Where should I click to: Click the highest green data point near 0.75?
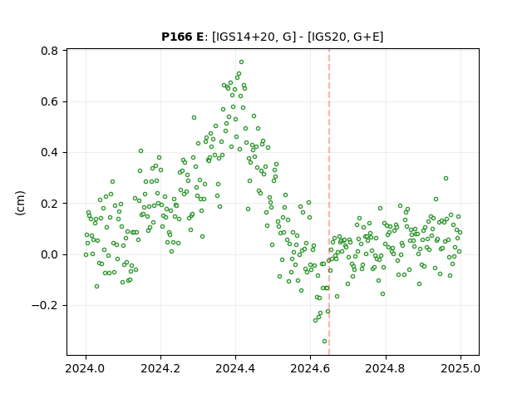coord(241,62)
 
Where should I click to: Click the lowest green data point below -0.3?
coord(325,342)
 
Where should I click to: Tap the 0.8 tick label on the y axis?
coord(50,51)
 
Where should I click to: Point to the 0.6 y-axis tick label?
coord(50,101)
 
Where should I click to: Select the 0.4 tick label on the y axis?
coord(50,153)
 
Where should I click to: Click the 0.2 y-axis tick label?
coord(50,204)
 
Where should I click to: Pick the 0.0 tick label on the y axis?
coord(50,254)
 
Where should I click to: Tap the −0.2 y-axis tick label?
coord(45,306)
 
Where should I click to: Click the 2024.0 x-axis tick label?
coord(86,368)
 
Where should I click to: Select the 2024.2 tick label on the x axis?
coord(160,368)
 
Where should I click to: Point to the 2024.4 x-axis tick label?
coord(235,368)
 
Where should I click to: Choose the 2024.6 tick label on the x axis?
coord(310,368)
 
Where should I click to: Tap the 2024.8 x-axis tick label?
coord(386,368)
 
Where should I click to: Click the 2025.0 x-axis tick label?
coord(461,368)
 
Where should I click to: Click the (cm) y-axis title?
coord(20,203)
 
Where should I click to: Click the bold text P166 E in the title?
coord(182,37)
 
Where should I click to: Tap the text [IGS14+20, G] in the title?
coord(252,37)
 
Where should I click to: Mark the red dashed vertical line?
coord(329,202)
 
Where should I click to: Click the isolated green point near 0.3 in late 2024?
coord(446,179)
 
